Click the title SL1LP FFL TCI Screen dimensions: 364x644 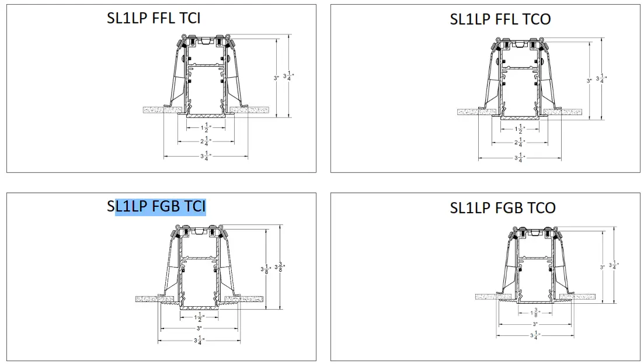pyautogui.click(x=154, y=18)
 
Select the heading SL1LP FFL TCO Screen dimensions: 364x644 pyautogui.click(x=500, y=19)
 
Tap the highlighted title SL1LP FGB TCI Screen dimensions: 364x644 pyautogui.click(x=157, y=207)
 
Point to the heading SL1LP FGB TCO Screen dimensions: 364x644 pyautogui.click(x=502, y=207)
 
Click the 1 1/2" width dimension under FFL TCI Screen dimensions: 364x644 pyautogui.click(x=206, y=128)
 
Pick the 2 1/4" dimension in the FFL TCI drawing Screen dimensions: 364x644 pyautogui.click(x=206, y=141)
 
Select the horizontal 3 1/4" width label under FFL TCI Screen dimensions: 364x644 pyautogui.click(x=206, y=156)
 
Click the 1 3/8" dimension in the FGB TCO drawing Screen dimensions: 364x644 pyautogui.click(x=518, y=313)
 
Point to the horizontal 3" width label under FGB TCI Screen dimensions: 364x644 pyautogui.click(x=199, y=328)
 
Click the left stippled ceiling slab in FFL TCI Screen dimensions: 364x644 pyautogui.click(x=163, y=110)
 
